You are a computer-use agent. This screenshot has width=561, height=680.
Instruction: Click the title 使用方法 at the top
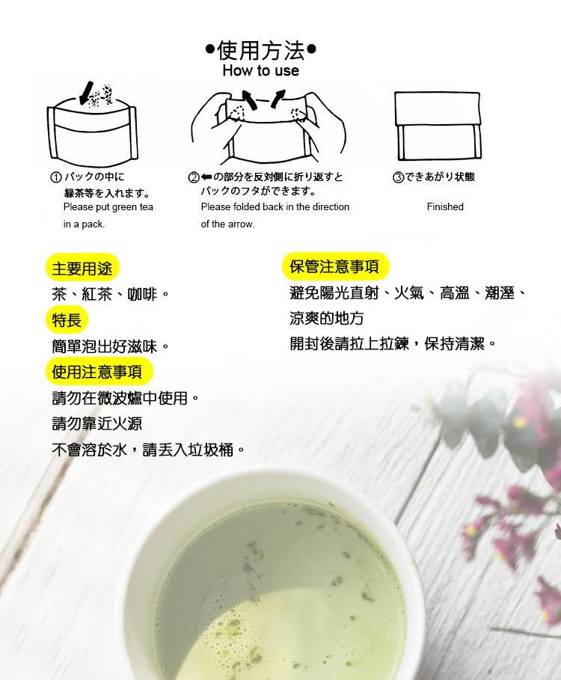click(x=261, y=51)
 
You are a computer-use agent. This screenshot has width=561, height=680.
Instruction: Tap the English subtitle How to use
click(x=260, y=71)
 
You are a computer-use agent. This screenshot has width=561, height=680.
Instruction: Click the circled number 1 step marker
click(x=55, y=177)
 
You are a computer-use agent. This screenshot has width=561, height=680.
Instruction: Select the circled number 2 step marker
click(x=193, y=177)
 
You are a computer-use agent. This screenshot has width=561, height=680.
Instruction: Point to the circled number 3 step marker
click(x=398, y=177)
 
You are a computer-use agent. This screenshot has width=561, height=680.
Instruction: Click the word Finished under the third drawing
click(x=445, y=206)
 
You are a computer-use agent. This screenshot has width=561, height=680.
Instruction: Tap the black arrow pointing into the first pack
click(x=87, y=91)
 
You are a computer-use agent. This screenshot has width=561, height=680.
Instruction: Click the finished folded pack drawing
click(x=438, y=126)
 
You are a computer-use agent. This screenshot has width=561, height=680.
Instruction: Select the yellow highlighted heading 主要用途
click(x=82, y=268)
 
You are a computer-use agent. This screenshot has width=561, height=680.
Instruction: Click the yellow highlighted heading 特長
click(x=67, y=320)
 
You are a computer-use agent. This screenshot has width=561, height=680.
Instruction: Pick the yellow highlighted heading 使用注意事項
click(x=97, y=372)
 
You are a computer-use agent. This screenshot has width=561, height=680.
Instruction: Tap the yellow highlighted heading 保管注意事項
click(x=334, y=266)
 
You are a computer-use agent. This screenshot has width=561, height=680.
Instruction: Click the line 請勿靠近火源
click(x=96, y=423)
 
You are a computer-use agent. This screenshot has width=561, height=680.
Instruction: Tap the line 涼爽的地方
click(x=327, y=319)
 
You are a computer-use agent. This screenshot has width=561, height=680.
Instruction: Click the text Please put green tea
click(x=108, y=206)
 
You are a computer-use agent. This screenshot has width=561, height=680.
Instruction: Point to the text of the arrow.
click(x=227, y=224)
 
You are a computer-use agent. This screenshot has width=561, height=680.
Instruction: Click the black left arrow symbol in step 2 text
click(x=206, y=177)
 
